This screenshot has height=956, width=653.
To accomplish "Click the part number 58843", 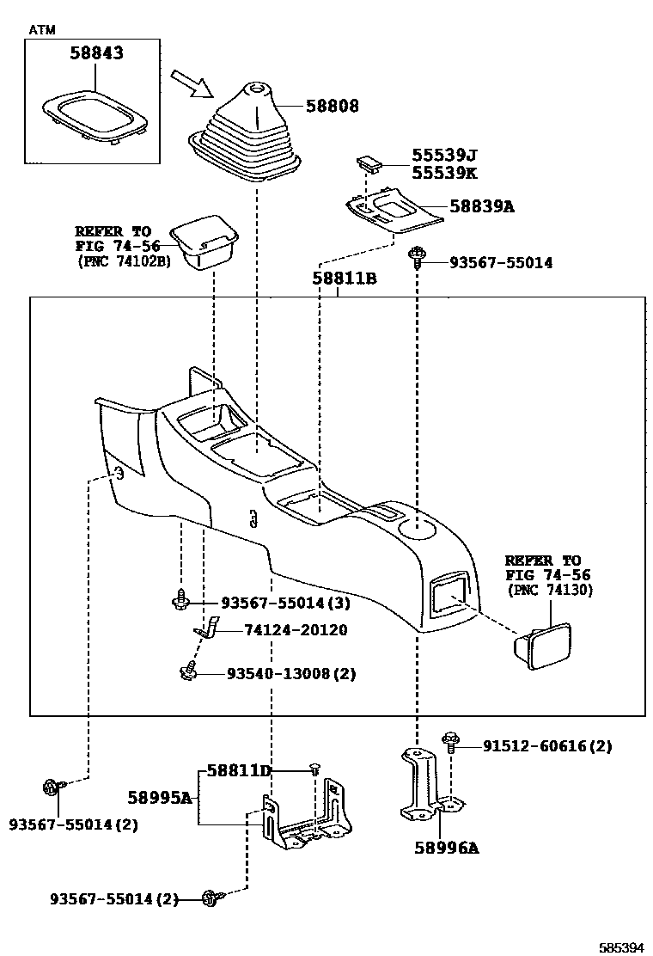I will pyautogui.click(x=96, y=53).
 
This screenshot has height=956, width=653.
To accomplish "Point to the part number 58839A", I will pyautogui.click(x=481, y=207).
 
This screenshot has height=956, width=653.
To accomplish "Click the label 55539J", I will pyautogui.click(x=443, y=155).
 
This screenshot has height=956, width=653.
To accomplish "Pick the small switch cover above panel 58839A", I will pyautogui.click(x=370, y=162).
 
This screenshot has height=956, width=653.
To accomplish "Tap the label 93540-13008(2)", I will pyautogui.click(x=290, y=674).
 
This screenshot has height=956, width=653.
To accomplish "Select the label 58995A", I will pyautogui.click(x=159, y=797).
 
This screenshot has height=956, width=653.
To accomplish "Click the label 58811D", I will pyautogui.click(x=238, y=771).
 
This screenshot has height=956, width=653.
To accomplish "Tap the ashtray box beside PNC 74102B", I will pyautogui.click(x=204, y=244).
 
